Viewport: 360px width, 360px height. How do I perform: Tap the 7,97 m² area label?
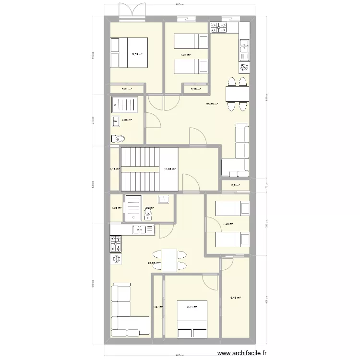tap(186, 55)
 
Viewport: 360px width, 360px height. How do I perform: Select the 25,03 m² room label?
tap(212, 104)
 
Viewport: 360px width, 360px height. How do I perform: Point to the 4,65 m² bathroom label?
tap(127, 120)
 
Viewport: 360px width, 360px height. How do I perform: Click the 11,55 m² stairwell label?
tap(170, 169)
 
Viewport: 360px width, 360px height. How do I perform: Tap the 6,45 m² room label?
tap(235, 298)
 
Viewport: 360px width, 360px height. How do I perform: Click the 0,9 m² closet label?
tap(236, 185)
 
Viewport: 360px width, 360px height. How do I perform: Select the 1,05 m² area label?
tap(117, 208)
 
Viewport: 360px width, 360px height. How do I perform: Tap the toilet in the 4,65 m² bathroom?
tap(118, 139)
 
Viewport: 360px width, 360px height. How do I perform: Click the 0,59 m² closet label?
tap(196, 89)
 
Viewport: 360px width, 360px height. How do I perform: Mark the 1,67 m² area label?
tap(158, 307)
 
